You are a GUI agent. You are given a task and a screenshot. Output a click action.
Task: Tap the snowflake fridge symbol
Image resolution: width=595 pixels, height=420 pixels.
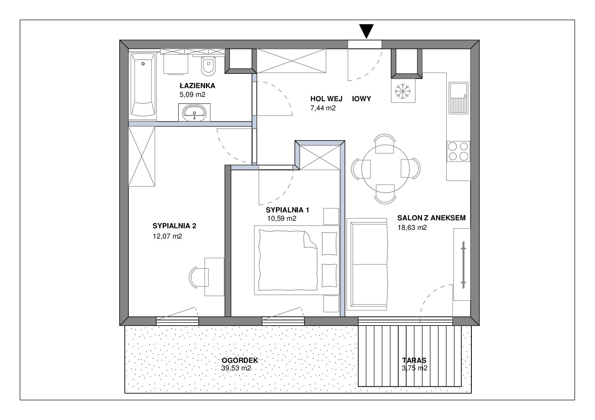point(403,91)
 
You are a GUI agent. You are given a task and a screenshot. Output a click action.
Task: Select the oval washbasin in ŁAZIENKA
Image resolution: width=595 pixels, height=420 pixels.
point(194,113)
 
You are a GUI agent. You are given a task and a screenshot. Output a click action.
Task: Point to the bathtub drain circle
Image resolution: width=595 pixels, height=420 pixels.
point(143,64)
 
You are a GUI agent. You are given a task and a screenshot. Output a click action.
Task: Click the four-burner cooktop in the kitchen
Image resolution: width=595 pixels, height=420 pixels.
point(458,152)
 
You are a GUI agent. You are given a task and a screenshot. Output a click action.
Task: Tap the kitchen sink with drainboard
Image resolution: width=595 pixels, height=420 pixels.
point(458,98)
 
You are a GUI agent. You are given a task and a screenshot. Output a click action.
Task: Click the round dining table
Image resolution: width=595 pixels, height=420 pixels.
point(385,169)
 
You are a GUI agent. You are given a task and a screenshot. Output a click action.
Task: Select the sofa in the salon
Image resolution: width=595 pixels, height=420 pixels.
point(367,264)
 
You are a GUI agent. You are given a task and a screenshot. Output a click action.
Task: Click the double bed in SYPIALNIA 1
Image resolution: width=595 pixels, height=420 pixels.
point(297,260)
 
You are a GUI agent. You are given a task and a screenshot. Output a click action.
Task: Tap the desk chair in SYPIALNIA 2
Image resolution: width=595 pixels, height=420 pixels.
point(199,277)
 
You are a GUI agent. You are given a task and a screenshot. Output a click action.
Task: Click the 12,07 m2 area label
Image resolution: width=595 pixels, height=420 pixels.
point(167,236)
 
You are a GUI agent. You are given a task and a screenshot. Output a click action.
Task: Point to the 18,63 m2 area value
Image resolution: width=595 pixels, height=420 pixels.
point(412,227)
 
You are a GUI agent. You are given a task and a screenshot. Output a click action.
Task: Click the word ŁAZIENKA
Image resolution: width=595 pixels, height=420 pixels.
point(198,86)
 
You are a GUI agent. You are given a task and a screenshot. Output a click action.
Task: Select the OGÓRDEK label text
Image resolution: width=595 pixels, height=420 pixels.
point(240,360)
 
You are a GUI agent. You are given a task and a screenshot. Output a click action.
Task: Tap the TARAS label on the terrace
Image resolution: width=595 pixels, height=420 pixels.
point(414,360)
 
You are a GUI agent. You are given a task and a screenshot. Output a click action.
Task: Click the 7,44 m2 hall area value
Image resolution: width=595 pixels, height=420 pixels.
point(323,108)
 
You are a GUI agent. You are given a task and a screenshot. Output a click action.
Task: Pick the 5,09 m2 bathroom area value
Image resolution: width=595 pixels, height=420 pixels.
point(192,94)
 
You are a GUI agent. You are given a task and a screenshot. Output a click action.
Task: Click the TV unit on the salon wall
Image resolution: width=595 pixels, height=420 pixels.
point(462,264)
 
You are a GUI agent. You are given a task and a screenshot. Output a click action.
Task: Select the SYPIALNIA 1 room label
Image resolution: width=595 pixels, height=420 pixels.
point(287,210)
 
